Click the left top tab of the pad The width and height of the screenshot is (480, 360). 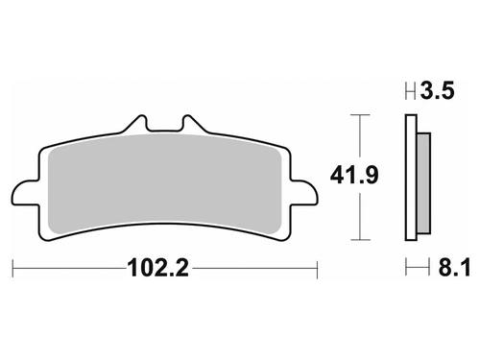pos(137,126)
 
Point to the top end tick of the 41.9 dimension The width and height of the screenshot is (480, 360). pos(359,115)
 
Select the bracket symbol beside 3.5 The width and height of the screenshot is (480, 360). pos(411,93)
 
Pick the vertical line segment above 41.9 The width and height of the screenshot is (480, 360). pos(359,139)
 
